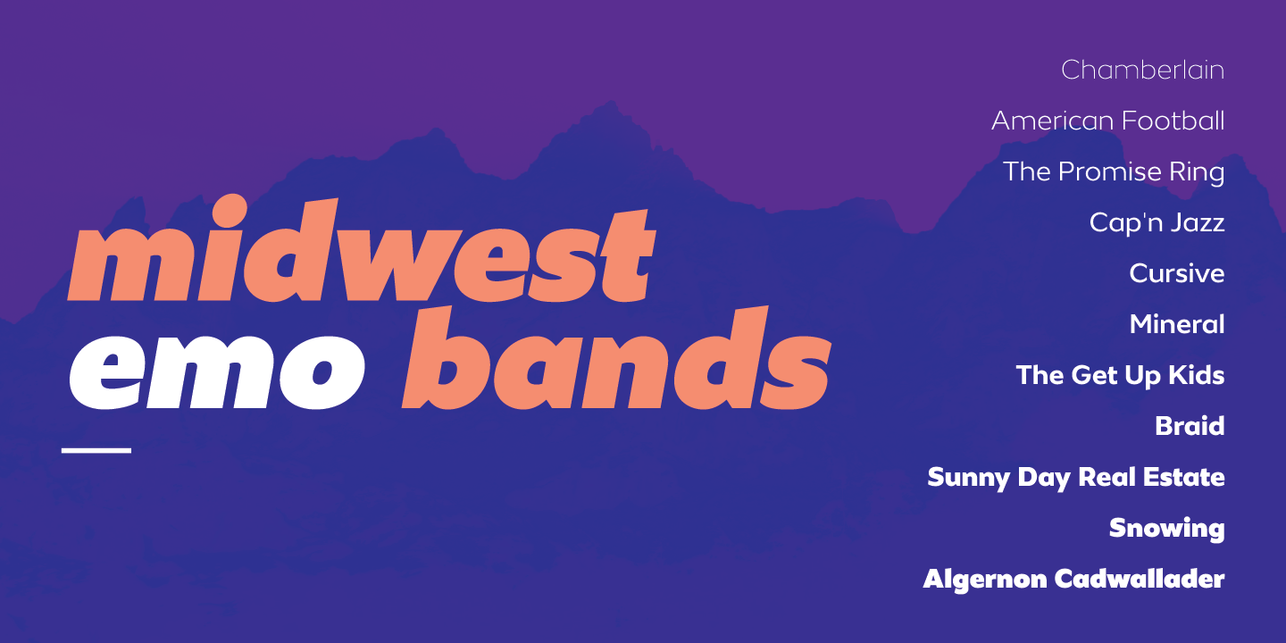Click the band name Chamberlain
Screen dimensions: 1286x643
pos(1142,70)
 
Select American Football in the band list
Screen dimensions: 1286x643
pos(1108,121)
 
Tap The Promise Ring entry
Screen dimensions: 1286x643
pos(1114,172)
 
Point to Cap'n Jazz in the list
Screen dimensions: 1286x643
pos(1157,222)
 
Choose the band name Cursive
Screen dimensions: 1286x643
pos(1177,273)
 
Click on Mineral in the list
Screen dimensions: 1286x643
pos(1177,324)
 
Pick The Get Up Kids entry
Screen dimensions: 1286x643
pos(1120,375)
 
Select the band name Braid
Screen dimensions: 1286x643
pos(1190,426)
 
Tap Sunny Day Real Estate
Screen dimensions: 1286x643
pos(1076,478)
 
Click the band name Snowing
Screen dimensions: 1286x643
pos(1166,529)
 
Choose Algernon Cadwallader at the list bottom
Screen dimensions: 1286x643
pos(1073,580)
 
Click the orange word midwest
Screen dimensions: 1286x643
pos(362,249)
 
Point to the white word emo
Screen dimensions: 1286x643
pos(217,372)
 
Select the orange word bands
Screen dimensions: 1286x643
pos(616,357)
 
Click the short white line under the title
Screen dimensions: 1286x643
pos(96,451)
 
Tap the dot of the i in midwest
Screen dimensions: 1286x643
pos(230,208)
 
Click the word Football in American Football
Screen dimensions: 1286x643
pos(1173,121)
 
